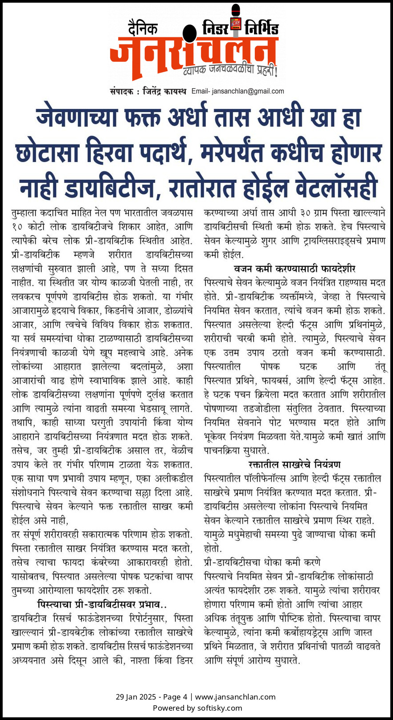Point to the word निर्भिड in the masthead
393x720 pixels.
click(x=262, y=29)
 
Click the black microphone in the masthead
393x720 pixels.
click(x=189, y=34)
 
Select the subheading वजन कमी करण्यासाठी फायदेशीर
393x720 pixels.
click(x=295, y=269)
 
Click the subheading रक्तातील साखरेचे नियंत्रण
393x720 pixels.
click(x=295, y=465)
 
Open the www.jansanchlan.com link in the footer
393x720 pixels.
click(x=235, y=697)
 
